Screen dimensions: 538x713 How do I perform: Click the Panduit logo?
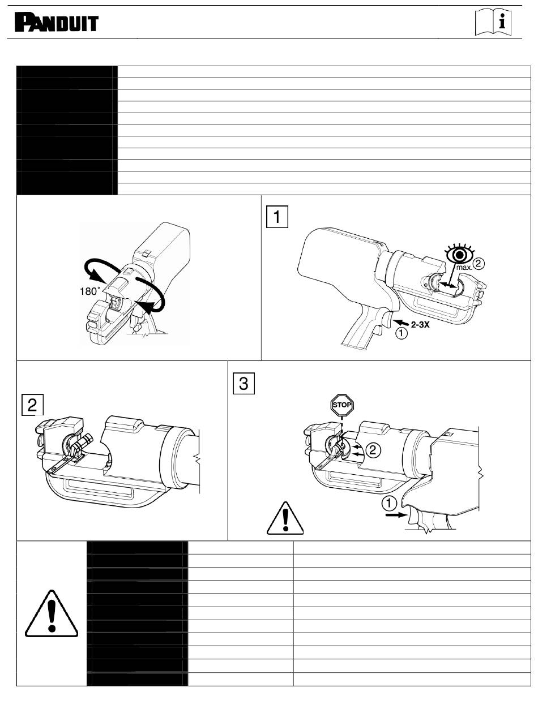click(x=56, y=23)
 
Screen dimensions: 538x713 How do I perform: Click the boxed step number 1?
click(x=277, y=217)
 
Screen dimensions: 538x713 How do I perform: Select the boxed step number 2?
click(x=32, y=405)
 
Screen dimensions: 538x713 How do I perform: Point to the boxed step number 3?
click(x=244, y=383)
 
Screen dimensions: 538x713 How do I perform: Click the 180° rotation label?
click(x=89, y=291)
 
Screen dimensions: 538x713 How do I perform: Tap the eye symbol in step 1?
click(x=460, y=254)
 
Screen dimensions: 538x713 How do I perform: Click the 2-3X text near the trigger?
click(x=420, y=324)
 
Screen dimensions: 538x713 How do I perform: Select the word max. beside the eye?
click(x=464, y=268)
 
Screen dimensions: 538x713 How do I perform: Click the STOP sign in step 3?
click(x=341, y=405)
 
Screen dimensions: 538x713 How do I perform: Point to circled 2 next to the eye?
click(x=478, y=263)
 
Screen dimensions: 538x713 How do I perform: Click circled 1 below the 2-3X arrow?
click(x=402, y=333)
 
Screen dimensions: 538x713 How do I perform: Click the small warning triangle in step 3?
click(x=285, y=519)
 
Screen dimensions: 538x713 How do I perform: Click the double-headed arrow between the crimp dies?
click(x=447, y=285)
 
